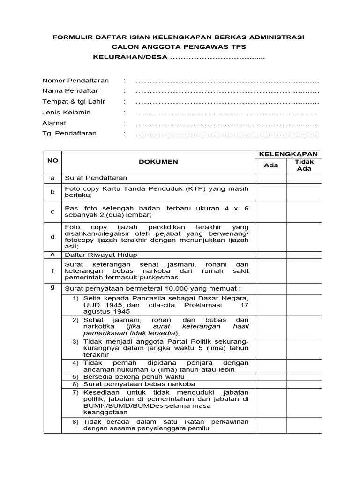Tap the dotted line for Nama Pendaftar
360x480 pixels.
pos(227,91)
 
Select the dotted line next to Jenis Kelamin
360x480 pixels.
pos(227,112)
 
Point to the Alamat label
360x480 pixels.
pos(54,123)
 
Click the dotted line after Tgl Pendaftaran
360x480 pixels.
pos(227,134)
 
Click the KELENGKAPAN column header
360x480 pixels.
pos(289,154)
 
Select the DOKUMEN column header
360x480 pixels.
pos(158,162)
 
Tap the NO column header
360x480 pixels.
pos(52,160)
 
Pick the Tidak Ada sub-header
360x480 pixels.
pos(304,165)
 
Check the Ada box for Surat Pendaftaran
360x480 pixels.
pos(271,178)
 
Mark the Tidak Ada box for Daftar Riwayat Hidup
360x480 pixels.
pos(304,255)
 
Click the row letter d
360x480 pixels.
pos(52,237)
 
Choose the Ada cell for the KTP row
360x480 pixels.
pos(271,192)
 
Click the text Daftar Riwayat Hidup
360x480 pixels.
pos(101,255)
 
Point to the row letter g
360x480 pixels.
pos(52,287)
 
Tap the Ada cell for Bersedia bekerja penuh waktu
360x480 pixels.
pos(271,377)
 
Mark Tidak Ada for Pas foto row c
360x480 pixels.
pos(304,211)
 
